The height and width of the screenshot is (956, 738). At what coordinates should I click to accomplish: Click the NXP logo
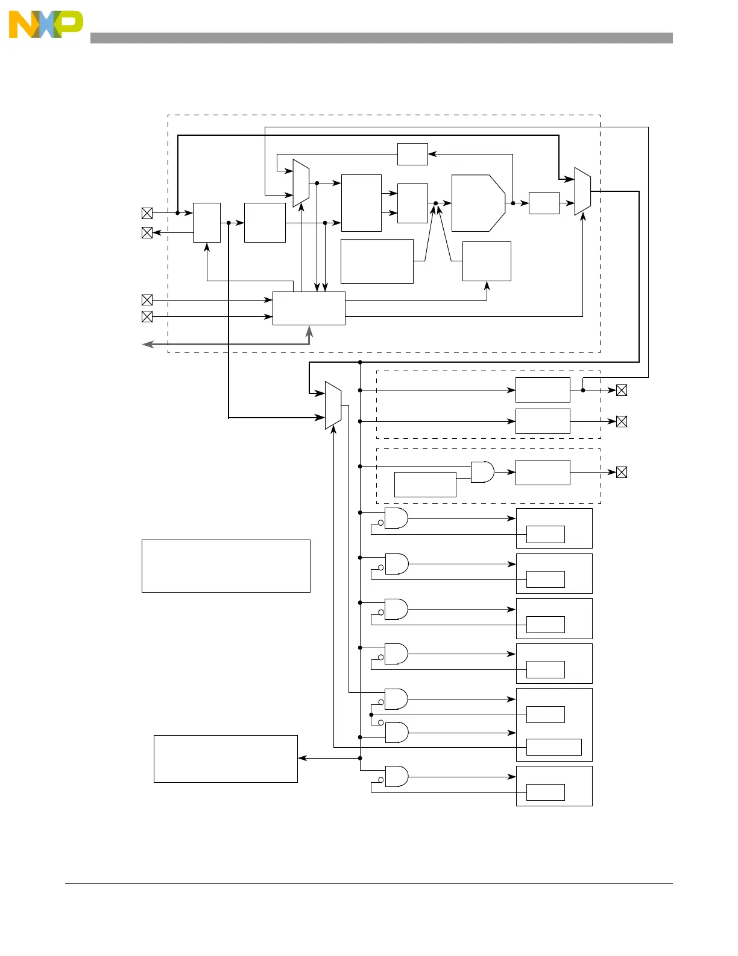[46, 25]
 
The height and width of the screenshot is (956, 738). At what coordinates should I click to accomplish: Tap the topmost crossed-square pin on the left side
[147, 213]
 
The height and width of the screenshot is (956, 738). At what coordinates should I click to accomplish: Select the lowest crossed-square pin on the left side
[147, 317]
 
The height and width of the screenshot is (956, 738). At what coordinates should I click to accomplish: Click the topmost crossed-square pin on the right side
[622, 390]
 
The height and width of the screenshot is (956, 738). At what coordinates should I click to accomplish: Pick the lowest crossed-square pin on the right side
[622, 473]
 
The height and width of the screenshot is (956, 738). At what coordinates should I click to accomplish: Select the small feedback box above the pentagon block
[412, 154]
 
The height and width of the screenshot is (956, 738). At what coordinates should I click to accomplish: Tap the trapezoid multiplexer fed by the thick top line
[582, 191]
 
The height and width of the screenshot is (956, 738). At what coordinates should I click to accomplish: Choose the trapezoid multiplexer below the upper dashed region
[333, 405]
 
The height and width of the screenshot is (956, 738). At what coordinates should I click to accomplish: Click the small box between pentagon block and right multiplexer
[544, 203]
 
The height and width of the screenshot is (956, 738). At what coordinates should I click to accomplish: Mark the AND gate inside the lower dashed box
[482, 472]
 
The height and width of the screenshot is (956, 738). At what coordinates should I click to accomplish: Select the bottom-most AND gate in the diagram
[396, 777]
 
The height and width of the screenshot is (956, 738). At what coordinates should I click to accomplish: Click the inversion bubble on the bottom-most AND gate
[380, 780]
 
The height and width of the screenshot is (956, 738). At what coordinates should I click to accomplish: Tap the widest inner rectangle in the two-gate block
[553, 747]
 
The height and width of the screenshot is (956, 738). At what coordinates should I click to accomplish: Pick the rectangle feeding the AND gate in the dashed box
[425, 485]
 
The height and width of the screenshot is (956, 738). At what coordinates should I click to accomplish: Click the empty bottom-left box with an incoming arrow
[225, 759]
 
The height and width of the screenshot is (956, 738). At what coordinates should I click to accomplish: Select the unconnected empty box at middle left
[225, 566]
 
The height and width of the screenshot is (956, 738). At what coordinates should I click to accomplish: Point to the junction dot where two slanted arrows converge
[435, 203]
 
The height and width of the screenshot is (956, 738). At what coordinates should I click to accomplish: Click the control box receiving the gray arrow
[309, 308]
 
